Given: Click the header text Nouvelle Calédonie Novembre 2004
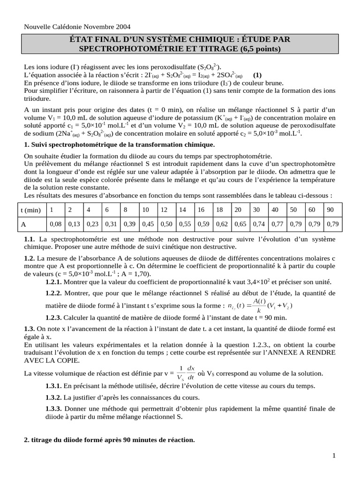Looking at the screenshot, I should coord(77,27).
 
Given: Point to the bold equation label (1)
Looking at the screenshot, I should coord(257,75).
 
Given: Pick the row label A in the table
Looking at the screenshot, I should coord(23,225).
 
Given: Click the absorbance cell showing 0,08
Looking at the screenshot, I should coord(55,225).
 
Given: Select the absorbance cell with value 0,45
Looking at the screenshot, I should coord(148,225).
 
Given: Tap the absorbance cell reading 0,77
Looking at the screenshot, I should coord(277,225).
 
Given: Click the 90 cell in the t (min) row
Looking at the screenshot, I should coord(330,210).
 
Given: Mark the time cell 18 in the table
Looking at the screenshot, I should coord(220,210).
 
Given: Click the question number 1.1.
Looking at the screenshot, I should coord(29,240).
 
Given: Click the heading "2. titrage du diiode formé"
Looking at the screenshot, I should coord(109,440).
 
